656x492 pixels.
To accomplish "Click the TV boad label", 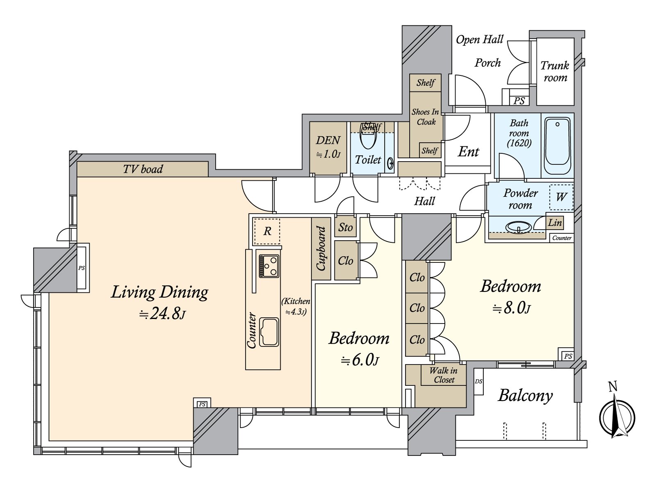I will [143, 169].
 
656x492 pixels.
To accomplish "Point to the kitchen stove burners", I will [269, 266].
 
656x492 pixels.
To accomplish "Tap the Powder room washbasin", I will [519, 227].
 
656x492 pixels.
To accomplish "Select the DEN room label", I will [328, 141].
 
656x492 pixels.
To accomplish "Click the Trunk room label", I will [555, 71].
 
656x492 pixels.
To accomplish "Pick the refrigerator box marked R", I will [267, 232].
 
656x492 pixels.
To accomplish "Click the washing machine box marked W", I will [561, 197].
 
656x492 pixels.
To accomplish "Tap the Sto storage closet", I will [346, 227].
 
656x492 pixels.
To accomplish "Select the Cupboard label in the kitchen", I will [321, 249].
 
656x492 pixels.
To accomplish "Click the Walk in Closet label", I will [444, 375].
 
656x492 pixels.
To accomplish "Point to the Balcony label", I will [525, 396].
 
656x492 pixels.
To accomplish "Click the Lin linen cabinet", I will [555, 223].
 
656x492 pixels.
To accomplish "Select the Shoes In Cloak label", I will [426, 117].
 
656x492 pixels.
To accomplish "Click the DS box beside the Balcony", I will [478, 382].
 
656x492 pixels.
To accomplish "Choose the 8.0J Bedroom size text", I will [511, 308].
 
